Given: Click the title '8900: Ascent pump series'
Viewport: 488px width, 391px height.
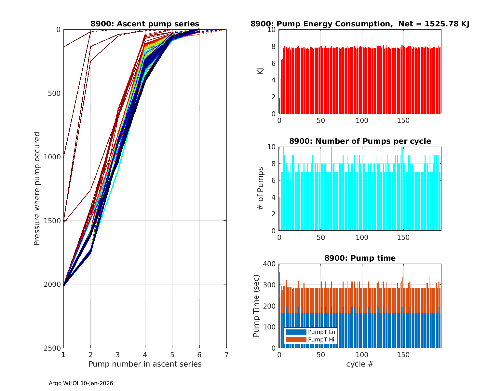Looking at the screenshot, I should click(145, 24).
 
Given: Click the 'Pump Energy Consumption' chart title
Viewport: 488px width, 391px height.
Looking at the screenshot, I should click(360, 24).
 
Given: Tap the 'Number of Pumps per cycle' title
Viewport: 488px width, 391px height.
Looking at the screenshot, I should click(360, 141).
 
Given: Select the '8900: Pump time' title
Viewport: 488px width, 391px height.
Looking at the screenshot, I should click(360, 258).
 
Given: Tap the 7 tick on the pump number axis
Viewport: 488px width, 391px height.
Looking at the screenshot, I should click(226, 355).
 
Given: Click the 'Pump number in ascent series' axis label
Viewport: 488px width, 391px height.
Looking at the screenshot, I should click(145, 364).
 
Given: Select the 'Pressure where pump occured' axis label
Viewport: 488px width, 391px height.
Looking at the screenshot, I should click(37, 189).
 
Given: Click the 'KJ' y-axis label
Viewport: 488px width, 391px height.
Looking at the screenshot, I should click(260, 71).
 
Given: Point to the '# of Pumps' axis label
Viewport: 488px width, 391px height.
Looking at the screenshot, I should click(260, 189).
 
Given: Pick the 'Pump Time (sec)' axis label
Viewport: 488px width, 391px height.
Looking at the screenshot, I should click(256, 306).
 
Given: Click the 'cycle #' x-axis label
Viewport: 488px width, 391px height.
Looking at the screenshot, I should click(360, 364).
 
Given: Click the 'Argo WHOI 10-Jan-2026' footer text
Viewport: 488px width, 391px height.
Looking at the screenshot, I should click(81, 383).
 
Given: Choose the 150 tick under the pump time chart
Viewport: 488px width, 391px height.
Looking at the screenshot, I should click(403, 355).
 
